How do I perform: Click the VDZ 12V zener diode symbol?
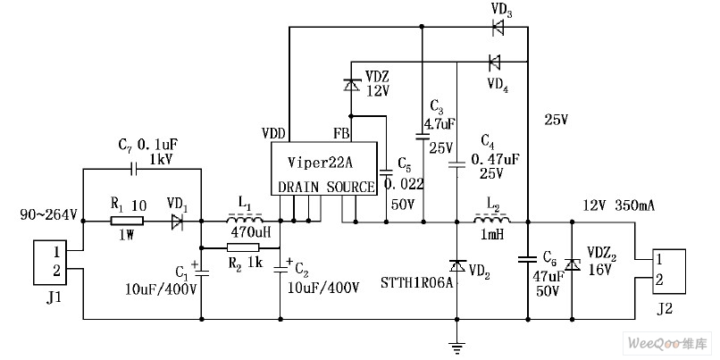[351, 85]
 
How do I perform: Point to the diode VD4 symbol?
[493, 62]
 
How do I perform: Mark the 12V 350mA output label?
[618, 205]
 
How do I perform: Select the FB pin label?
[341, 133]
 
